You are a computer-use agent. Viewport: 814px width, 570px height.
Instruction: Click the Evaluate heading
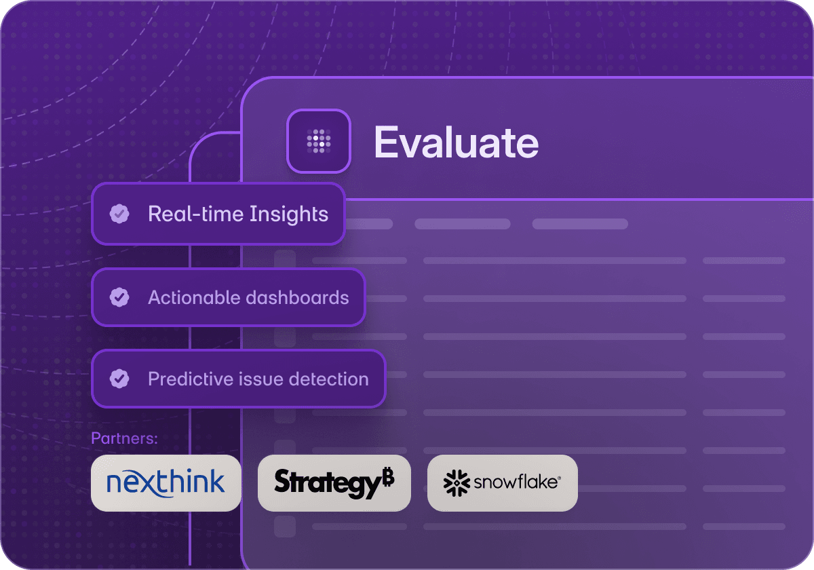click(x=456, y=142)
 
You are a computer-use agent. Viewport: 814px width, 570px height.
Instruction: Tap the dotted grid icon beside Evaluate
click(x=319, y=140)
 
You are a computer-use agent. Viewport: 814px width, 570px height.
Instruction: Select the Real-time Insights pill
click(x=218, y=214)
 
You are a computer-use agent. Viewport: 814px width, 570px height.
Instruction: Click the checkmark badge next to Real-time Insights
click(x=119, y=214)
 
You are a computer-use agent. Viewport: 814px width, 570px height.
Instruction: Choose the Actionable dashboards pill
click(x=229, y=297)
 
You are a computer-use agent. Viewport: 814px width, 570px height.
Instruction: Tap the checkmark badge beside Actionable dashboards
click(x=119, y=297)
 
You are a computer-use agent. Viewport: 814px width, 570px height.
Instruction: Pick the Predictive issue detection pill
click(x=238, y=379)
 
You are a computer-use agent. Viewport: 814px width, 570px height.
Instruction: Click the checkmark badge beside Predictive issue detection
click(x=119, y=379)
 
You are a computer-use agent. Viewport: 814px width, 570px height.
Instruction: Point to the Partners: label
click(x=124, y=438)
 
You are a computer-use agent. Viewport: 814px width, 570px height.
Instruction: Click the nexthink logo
click(x=166, y=482)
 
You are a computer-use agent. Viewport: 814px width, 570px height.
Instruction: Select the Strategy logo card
click(x=334, y=482)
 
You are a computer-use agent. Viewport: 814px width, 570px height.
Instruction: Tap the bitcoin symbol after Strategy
click(x=388, y=478)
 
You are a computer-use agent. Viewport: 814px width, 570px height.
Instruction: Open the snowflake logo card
click(x=502, y=482)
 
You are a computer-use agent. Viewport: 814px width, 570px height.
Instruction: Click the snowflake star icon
click(x=457, y=482)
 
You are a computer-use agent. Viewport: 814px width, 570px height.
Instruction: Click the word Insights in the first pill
click(x=289, y=214)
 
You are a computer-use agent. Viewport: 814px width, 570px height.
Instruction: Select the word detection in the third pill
click(x=332, y=379)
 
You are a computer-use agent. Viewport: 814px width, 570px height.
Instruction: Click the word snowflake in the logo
click(x=516, y=482)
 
